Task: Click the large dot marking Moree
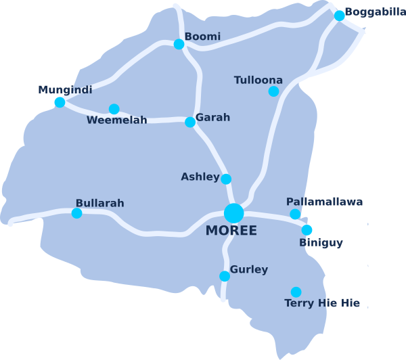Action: pyautogui.click(x=233, y=212)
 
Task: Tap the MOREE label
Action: pyautogui.click(x=231, y=231)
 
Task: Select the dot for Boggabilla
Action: pyautogui.click(x=339, y=16)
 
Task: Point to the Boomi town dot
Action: pyautogui.click(x=179, y=44)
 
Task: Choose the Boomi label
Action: pyautogui.click(x=202, y=37)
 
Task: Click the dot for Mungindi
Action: pyautogui.click(x=60, y=102)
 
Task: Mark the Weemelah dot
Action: pyautogui.click(x=114, y=109)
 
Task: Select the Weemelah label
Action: pyautogui.click(x=116, y=120)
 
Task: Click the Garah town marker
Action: pyautogui.click(x=190, y=122)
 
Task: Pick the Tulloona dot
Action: pyautogui.click(x=273, y=91)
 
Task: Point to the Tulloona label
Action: pyautogui.click(x=258, y=80)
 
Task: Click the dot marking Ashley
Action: pyautogui.click(x=226, y=179)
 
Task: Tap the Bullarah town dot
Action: pyautogui.click(x=76, y=213)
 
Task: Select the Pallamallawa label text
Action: pyautogui.click(x=324, y=202)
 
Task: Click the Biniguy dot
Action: pyautogui.click(x=307, y=229)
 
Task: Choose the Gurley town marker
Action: pyautogui.click(x=225, y=275)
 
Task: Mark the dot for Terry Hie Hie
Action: pyautogui.click(x=296, y=292)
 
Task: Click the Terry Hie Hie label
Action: pyautogui.click(x=322, y=303)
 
